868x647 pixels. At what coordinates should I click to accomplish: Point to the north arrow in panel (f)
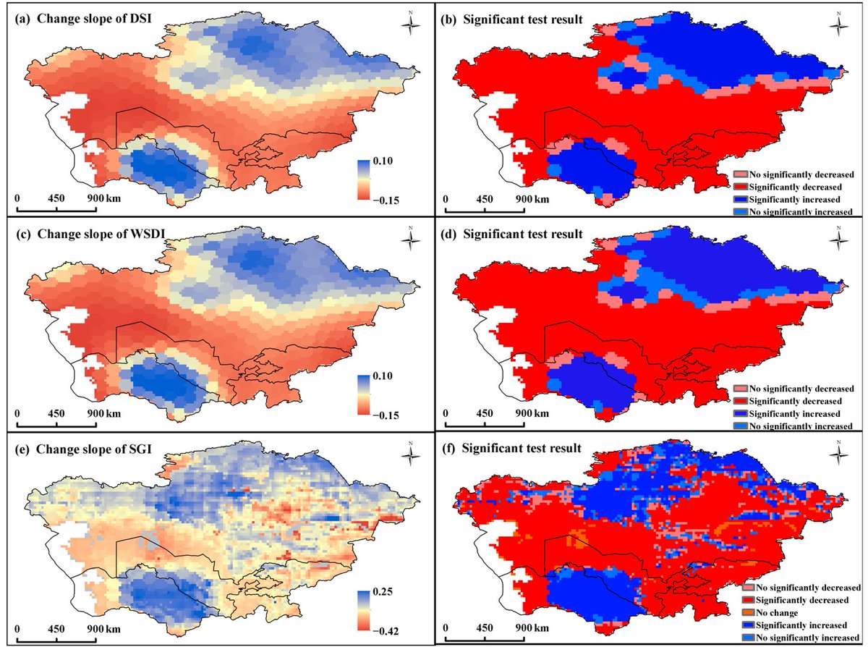tap(839, 455)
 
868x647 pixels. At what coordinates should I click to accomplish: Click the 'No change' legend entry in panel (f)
tap(773, 612)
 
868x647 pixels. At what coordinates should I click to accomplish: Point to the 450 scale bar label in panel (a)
tap(56, 198)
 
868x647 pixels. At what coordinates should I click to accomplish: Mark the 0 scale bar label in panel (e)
tap(17, 629)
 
